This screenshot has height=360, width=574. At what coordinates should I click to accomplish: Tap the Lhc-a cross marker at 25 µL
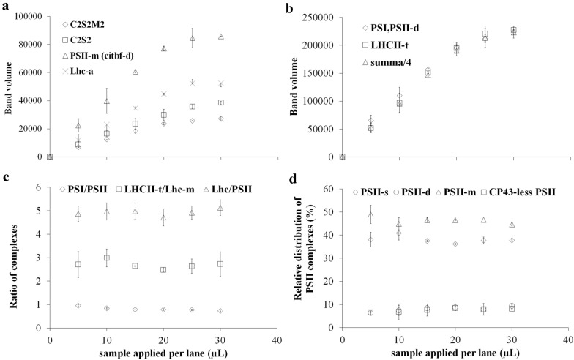pyautogui.click(x=193, y=82)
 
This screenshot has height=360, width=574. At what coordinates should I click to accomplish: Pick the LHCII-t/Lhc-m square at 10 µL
pyautogui.click(x=107, y=258)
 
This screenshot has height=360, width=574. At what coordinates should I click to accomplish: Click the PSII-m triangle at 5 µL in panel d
pyautogui.click(x=370, y=215)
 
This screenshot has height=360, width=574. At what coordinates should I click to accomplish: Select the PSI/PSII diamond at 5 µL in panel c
pyautogui.click(x=78, y=306)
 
